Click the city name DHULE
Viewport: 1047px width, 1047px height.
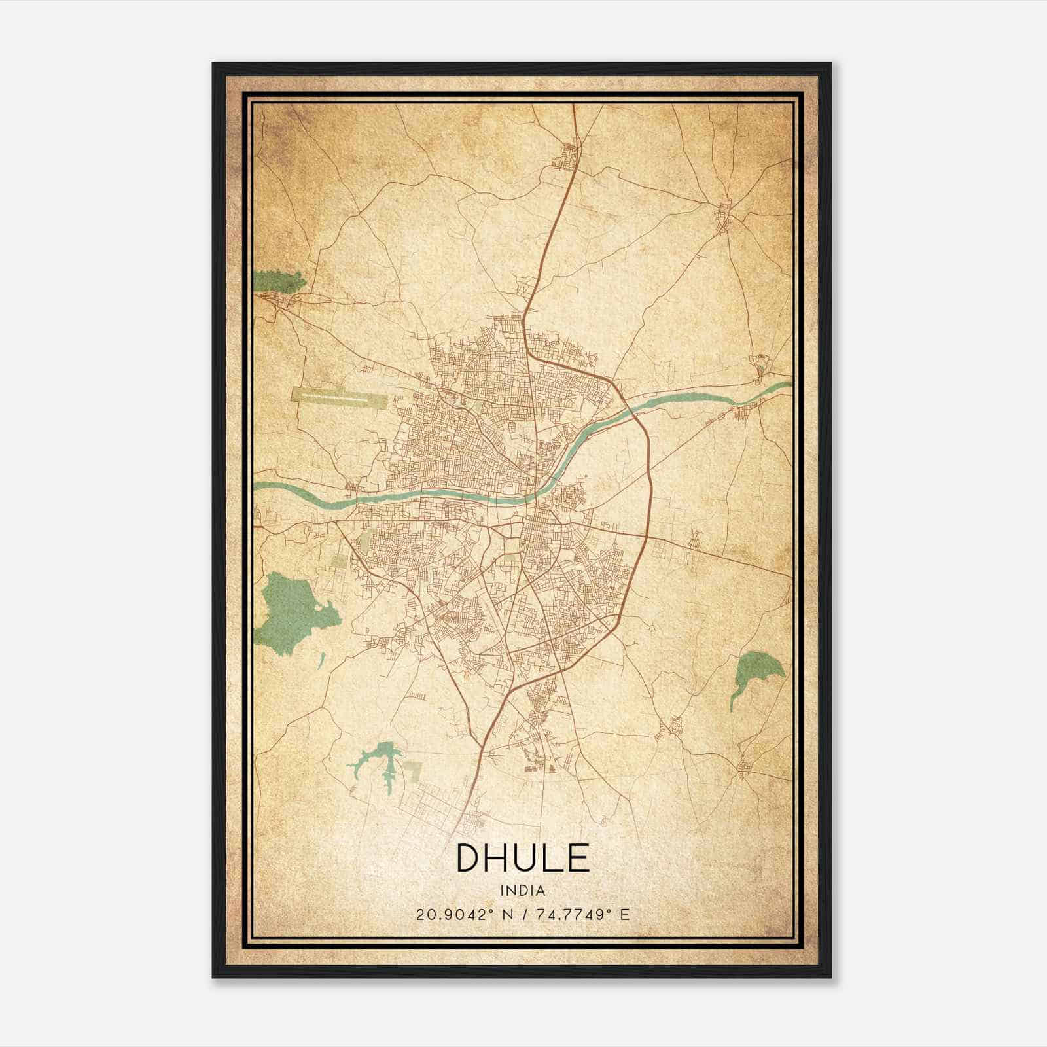pyautogui.click(x=523, y=857)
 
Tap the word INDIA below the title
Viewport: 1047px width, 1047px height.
pyautogui.click(x=523, y=890)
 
